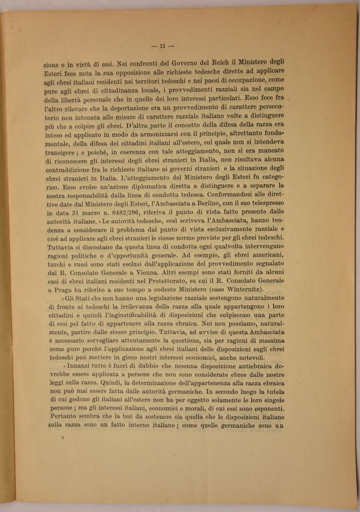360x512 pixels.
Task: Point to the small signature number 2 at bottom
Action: pyautogui.click(x=63, y=438)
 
